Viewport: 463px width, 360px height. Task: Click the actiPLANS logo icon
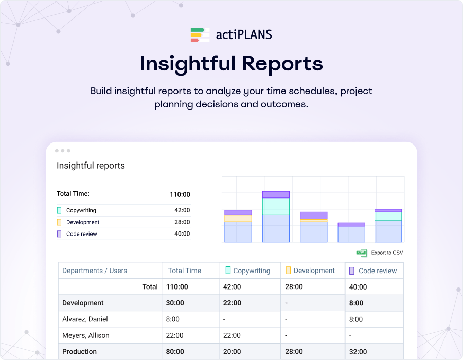(x=200, y=35)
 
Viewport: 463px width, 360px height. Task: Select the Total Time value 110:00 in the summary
(x=180, y=194)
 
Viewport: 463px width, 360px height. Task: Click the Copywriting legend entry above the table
(x=81, y=210)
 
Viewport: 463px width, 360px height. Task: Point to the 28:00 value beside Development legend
(x=182, y=222)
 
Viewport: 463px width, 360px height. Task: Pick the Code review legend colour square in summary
(x=59, y=234)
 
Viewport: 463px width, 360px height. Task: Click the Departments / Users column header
(x=95, y=271)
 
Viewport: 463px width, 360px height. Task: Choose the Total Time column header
(x=184, y=271)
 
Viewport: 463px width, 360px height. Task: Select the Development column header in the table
(x=314, y=271)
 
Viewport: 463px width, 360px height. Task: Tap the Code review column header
(x=377, y=271)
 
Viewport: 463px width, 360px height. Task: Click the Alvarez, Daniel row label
(x=85, y=319)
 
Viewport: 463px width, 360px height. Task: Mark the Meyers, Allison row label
(x=85, y=335)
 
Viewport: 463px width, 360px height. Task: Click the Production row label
(x=79, y=352)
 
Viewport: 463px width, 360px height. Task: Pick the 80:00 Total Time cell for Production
(x=175, y=352)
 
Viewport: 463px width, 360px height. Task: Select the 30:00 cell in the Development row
(x=175, y=303)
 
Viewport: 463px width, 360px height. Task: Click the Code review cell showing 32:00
(x=358, y=352)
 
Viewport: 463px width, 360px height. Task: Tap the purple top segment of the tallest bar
(x=276, y=195)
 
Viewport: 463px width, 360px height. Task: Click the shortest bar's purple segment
(x=351, y=224)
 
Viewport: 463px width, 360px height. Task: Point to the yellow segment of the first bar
(x=238, y=219)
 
